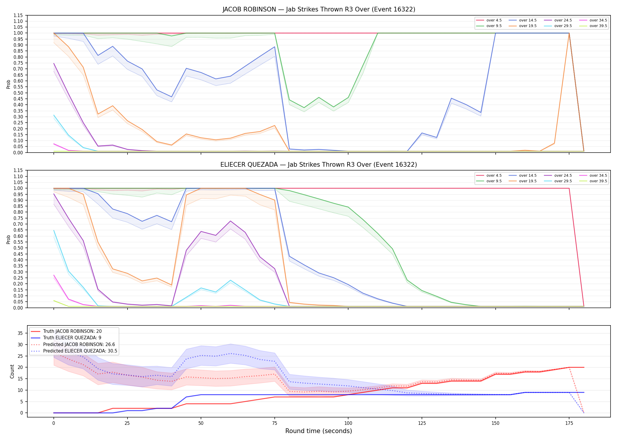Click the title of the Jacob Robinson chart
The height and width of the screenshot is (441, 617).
[x=319, y=9]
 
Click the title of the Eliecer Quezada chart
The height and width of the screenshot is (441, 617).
[x=319, y=165]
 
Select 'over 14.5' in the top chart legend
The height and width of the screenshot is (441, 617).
[x=528, y=20]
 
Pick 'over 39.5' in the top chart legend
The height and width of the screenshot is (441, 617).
[x=598, y=26]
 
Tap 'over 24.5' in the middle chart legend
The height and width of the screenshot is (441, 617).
[x=563, y=176]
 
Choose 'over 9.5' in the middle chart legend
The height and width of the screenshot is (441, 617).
[x=494, y=181]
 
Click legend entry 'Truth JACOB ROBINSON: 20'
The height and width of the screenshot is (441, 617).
[x=72, y=331]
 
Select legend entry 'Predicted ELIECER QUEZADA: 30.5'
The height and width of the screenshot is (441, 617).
[x=80, y=351]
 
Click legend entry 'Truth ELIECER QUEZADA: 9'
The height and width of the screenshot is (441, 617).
[x=72, y=338]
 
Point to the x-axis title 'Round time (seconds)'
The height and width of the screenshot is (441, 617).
[x=318, y=431]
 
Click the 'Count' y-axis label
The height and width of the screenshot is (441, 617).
[x=12, y=371]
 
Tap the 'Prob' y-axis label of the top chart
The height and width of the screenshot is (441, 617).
[x=9, y=84]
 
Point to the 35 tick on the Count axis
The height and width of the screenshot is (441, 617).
[x=20, y=333]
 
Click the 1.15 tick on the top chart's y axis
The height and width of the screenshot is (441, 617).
[x=19, y=15]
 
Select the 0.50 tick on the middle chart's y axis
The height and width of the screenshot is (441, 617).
[x=19, y=248]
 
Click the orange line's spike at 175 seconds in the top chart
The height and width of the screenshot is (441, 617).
[x=569, y=33]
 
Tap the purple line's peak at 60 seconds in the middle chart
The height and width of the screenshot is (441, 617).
[x=230, y=221]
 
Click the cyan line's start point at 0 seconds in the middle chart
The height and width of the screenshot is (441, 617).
[x=54, y=230]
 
